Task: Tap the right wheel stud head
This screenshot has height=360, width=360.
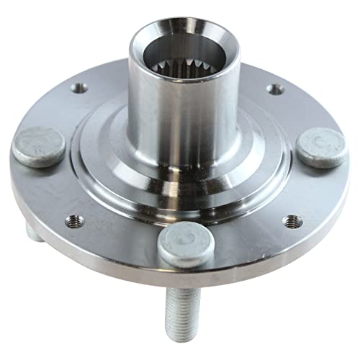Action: tap(321, 148)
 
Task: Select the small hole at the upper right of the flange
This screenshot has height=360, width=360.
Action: tap(274, 89)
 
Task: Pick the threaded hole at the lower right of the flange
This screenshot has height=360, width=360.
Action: tap(291, 221)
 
